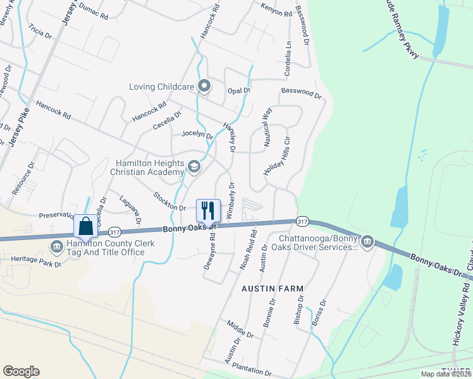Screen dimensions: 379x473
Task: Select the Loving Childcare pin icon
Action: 204,87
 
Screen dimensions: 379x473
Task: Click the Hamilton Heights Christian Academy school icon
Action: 194,167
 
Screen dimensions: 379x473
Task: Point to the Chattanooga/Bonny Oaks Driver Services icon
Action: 367,241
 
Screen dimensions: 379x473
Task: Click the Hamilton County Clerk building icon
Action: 56,246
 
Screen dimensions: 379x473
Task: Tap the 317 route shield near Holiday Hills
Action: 302,221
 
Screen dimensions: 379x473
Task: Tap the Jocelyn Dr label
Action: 197,134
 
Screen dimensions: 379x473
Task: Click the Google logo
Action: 21,371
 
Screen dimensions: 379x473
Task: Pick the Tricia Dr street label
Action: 40,32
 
